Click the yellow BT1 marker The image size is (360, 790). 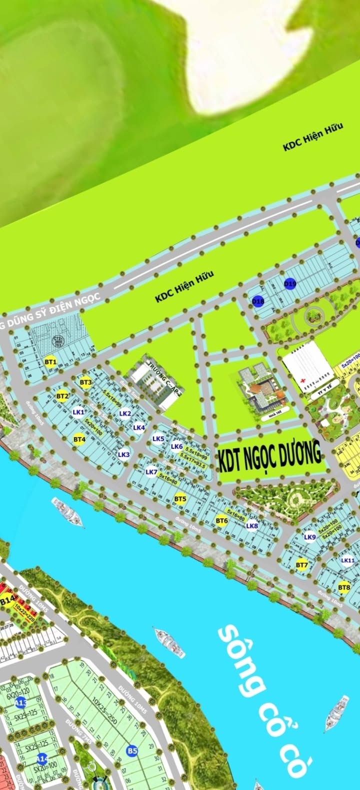tap(50, 362)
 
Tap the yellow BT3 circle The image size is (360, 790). tap(85, 382)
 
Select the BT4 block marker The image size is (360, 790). tap(79, 440)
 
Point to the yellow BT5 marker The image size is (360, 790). tap(180, 498)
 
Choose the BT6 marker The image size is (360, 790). tap(221, 521)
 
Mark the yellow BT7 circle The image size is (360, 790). tap(301, 565)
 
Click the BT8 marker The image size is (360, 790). tap(344, 587)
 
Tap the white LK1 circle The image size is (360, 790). tap(78, 412)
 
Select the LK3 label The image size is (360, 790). tap(123, 454)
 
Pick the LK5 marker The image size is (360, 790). tap(158, 439)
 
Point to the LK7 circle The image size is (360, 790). tap(151, 472)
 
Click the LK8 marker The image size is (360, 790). tap(252, 526)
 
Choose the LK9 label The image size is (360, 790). tap(309, 537)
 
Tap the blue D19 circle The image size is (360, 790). tap(290, 284)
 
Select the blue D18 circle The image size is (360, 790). tap(258, 301)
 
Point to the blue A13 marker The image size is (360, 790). tap(20, 703)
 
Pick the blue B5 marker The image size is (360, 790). tap(132, 750)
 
